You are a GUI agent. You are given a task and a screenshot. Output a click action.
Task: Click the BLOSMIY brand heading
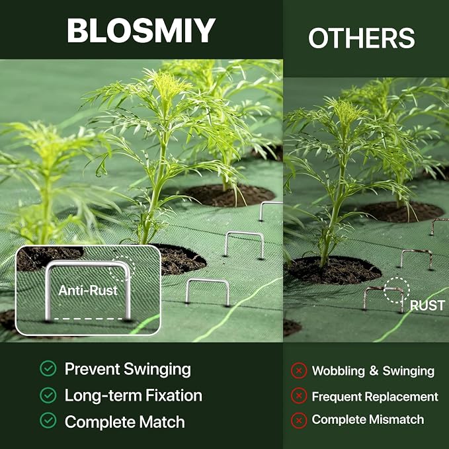click(141, 30)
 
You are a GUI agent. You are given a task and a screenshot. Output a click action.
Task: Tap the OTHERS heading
click(362, 38)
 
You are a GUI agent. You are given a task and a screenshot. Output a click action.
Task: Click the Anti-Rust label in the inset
click(88, 290)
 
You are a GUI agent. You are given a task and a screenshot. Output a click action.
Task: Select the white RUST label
click(427, 306)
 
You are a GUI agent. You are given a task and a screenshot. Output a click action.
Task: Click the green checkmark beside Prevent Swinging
click(48, 368)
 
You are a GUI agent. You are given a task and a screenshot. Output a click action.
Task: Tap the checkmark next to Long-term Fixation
click(48, 395)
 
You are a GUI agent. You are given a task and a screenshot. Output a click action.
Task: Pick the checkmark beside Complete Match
click(48, 421)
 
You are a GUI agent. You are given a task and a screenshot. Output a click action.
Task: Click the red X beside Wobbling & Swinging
click(299, 370)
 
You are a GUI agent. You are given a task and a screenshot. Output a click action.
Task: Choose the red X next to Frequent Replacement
click(299, 395)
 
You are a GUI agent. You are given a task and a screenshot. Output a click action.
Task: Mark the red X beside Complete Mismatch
click(299, 421)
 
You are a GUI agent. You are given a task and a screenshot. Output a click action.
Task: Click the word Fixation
click(174, 395)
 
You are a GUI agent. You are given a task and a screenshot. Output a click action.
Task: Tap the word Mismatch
click(396, 419)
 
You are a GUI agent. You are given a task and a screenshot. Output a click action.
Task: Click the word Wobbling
click(338, 371)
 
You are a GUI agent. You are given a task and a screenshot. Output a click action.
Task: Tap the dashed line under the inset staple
click(88, 319)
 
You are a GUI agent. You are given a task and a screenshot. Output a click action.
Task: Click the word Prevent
click(92, 368)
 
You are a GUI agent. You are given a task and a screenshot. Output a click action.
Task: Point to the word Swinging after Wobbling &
click(409, 371)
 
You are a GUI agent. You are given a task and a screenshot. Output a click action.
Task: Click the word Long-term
click(103, 395)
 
